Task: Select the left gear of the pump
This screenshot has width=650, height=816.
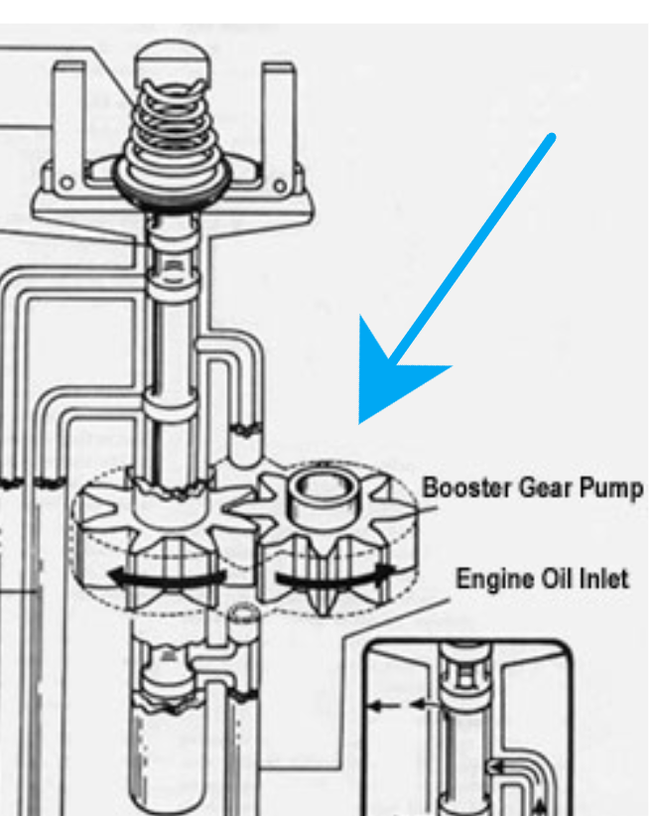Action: coord(165,531)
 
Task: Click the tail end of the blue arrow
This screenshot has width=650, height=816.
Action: coord(551,137)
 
